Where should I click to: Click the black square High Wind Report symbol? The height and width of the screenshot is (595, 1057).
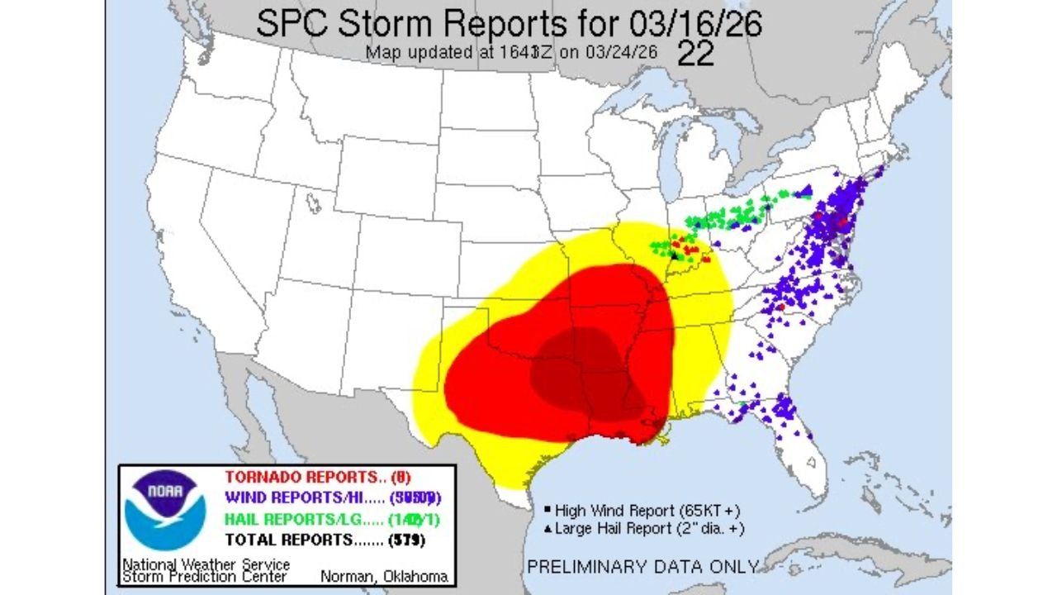point(547,510)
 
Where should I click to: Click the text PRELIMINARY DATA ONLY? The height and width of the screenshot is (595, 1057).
point(642,567)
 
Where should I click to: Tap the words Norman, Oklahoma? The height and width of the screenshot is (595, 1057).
point(384,576)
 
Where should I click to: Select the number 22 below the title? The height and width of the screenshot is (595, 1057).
point(695,55)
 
